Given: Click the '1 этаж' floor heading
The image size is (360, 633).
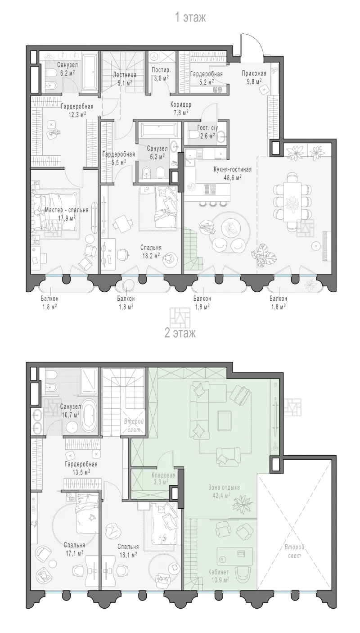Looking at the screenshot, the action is click(x=190, y=17).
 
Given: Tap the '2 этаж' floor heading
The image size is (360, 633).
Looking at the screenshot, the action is click(x=180, y=333).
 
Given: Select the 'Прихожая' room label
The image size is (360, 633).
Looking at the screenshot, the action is click(x=254, y=73).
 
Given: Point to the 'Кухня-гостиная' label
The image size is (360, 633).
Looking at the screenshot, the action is click(x=232, y=170).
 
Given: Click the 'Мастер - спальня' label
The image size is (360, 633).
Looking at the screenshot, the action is click(x=67, y=210).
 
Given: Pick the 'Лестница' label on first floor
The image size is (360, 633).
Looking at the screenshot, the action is click(x=125, y=75).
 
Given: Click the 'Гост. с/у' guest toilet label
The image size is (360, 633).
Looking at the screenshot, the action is click(x=208, y=128).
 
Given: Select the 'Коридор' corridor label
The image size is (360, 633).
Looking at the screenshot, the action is click(x=181, y=104).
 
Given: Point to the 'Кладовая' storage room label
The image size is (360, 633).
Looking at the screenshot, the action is click(x=163, y=475).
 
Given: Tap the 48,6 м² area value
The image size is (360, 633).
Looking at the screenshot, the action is click(x=233, y=177).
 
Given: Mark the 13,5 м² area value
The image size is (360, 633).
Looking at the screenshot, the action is click(x=81, y=471).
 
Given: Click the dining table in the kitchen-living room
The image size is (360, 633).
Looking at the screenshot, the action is click(x=292, y=202).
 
